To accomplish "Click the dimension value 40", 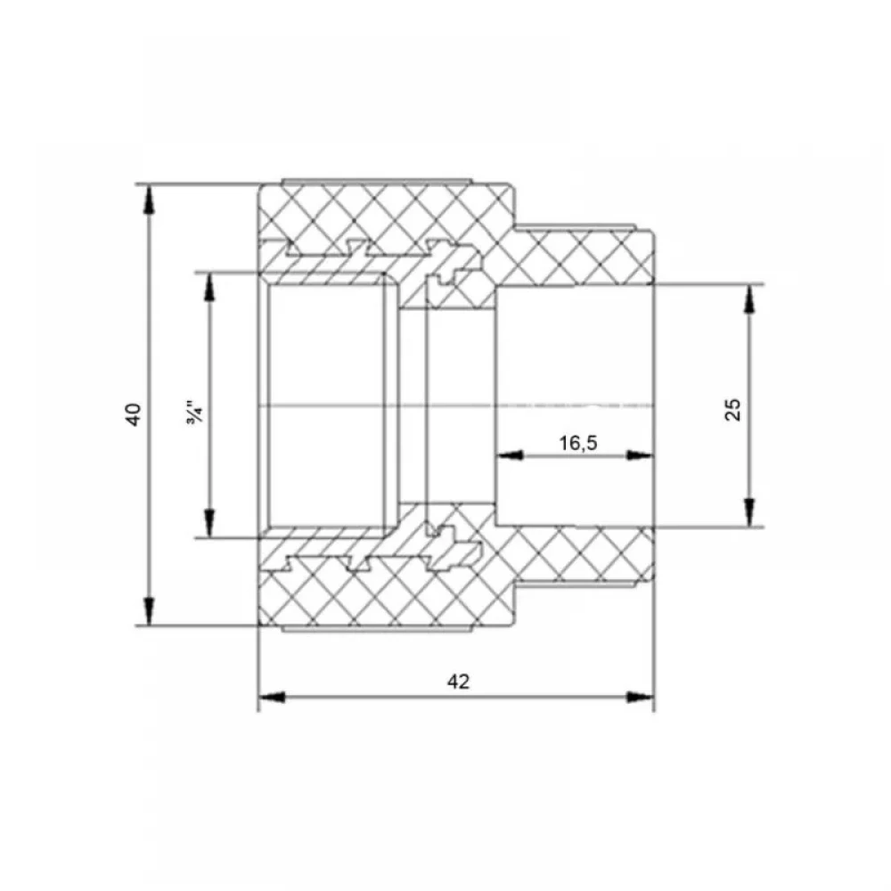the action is point(134,414).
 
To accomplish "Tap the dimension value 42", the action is point(458,682).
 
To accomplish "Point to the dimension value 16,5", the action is point(578,443).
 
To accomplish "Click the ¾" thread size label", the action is point(194,414).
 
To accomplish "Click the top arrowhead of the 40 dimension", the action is point(149,200).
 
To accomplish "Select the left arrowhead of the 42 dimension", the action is point(272,697).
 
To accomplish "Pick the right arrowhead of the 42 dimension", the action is point(640,697).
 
